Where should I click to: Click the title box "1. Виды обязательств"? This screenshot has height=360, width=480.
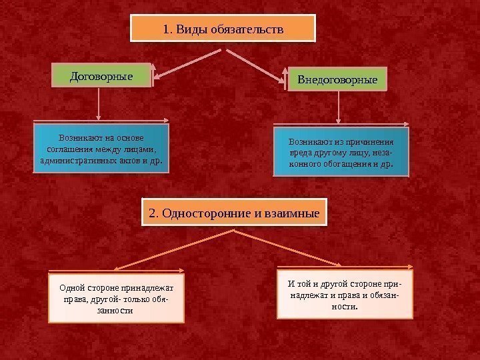221,29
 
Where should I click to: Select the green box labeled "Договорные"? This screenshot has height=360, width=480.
101,76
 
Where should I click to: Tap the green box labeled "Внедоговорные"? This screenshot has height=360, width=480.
337,80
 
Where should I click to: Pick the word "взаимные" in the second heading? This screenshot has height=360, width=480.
298,214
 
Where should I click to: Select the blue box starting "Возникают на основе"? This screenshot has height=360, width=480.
101,149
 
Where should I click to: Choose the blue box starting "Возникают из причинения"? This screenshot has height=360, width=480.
340,151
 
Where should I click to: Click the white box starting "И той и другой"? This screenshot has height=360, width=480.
345,295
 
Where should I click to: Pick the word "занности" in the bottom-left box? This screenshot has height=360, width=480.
115,311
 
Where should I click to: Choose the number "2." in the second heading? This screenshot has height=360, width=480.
154,214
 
